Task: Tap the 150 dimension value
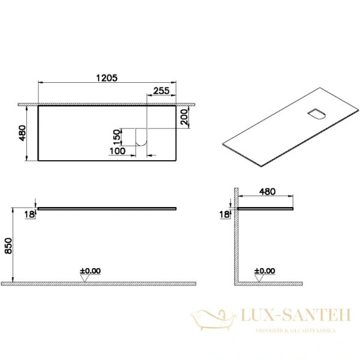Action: point(118,137)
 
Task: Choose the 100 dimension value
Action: point(118,151)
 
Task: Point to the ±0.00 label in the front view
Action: point(90,271)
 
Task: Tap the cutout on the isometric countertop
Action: point(316,114)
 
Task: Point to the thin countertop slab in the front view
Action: point(107,208)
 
